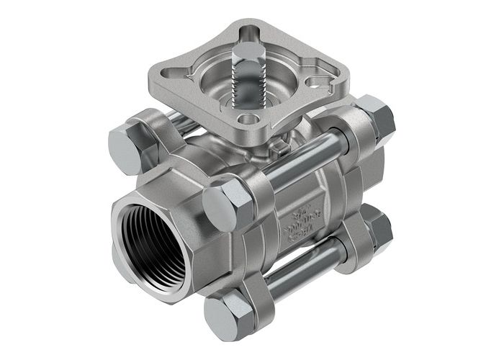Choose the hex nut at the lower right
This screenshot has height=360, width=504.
click(378, 228)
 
